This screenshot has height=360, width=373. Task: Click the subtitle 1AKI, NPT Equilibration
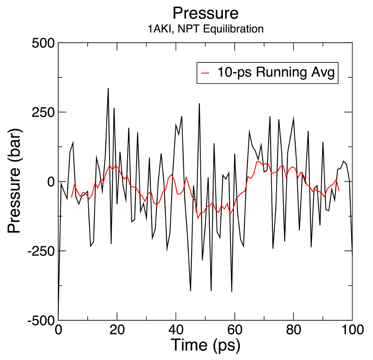(205, 29)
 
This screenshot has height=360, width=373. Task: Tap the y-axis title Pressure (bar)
(15, 181)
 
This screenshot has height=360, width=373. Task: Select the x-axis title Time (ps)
(205, 345)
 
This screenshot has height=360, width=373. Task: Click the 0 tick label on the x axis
(58, 331)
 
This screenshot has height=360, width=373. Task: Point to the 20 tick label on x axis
(117, 331)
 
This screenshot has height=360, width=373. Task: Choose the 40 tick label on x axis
(176, 331)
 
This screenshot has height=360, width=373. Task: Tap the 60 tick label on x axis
(235, 331)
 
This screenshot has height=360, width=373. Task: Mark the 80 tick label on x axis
(293, 331)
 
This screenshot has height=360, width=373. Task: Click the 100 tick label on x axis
(352, 331)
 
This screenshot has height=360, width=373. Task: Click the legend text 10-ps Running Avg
(275, 72)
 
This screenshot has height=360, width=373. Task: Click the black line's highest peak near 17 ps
(108, 88)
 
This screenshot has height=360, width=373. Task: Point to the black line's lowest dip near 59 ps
(232, 291)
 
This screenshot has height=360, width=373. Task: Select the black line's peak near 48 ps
(199, 103)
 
